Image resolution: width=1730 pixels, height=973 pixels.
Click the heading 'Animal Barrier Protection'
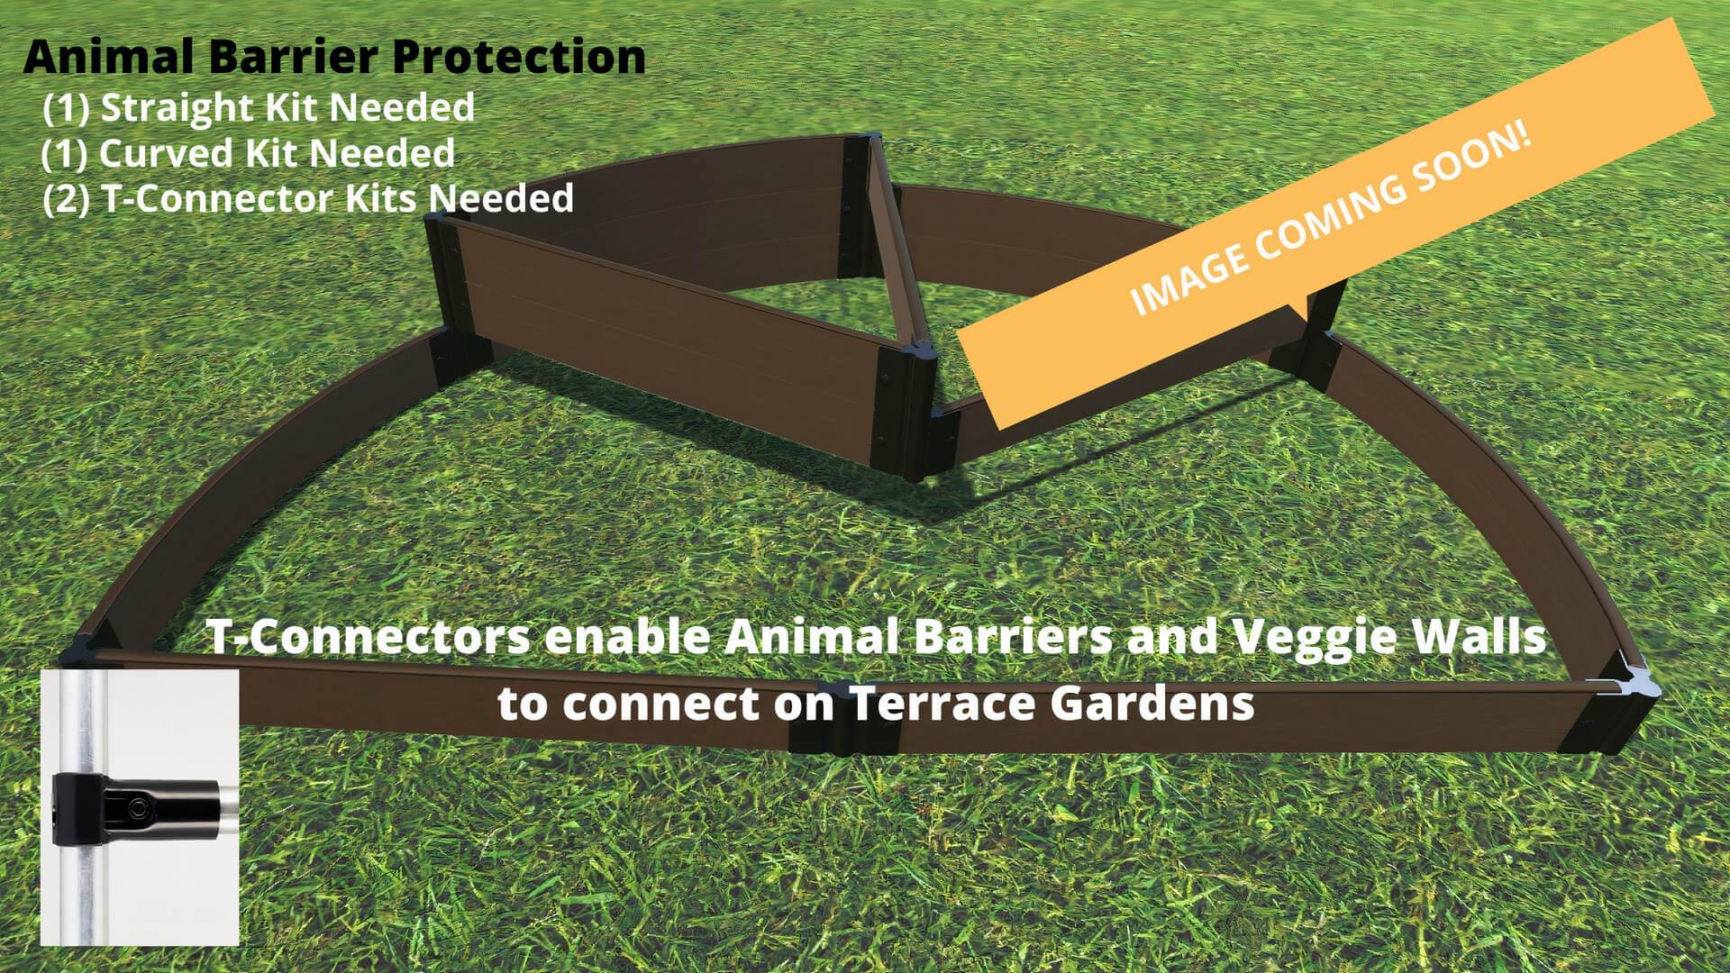point(334,57)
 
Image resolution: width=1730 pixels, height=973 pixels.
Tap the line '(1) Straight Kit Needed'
point(259,107)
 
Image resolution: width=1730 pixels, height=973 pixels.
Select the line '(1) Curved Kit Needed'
point(249,153)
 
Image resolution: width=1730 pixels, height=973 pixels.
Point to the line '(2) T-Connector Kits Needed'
point(308,198)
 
